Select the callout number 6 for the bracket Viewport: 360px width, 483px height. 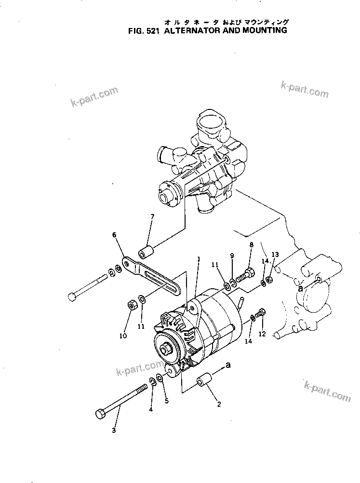[114, 235]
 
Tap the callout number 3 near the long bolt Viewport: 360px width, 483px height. [114, 430]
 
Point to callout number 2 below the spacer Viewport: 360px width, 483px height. [219, 404]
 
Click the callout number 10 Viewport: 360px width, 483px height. [123, 335]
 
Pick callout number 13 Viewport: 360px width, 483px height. [275, 254]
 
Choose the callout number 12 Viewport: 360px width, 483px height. [262, 333]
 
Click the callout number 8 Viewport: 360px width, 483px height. [251, 245]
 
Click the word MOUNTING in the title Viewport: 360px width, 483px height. [263, 30]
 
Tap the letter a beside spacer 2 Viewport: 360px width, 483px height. [228, 365]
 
